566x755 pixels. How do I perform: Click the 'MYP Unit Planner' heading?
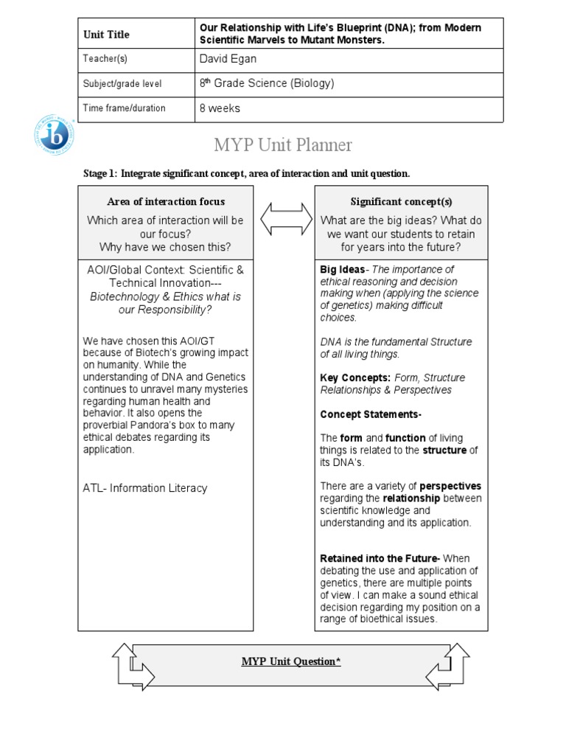[282, 145]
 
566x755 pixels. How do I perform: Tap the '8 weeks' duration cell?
[220, 108]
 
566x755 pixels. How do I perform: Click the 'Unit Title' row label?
[106, 35]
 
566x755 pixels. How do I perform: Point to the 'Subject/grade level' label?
[122, 84]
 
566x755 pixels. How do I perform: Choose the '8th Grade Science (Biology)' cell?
[267, 83]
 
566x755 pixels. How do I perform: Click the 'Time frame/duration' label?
[125, 108]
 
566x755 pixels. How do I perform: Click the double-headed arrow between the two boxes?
[284, 218]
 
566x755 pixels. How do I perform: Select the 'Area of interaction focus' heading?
[166, 201]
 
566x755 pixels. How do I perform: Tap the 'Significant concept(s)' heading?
[401, 201]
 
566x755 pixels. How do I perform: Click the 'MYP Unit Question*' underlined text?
[291, 661]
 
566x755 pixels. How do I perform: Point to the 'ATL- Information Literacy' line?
[145, 488]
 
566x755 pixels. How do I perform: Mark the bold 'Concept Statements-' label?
[371, 414]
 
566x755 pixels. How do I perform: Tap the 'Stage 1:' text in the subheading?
[100, 173]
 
